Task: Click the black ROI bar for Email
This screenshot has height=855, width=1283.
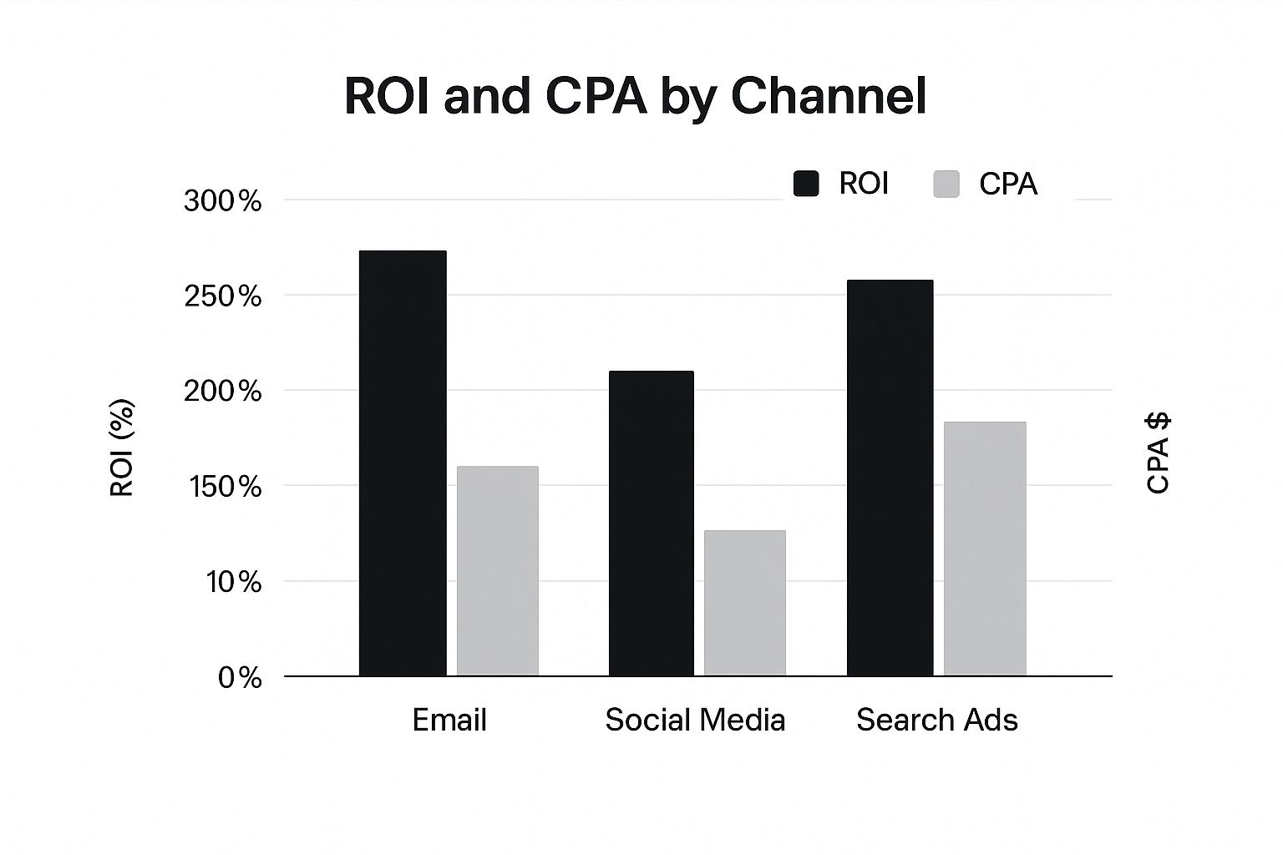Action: [x=403, y=463]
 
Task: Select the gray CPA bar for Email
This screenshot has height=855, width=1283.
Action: [x=498, y=571]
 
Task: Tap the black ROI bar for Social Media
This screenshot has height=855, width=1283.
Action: [x=651, y=524]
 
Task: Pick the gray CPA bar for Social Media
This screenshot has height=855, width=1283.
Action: [x=745, y=603]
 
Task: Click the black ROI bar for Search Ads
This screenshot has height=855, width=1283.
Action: [x=890, y=478]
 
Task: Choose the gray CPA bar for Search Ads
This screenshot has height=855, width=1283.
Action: [x=985, y=549]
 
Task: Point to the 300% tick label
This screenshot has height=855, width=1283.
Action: [x=222, y=201]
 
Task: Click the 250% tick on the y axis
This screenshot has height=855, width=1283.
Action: [x=222, y=296]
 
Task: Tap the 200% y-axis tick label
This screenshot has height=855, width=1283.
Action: [x=222, y=392]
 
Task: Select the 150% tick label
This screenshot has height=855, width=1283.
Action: [x=222, y=487]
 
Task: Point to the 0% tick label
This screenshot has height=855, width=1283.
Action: [x=240, y=678]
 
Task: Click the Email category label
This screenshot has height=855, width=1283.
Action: [x=449, y=720]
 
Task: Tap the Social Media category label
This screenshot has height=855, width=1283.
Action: [x=695, y=720]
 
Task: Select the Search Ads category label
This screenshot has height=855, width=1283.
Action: [x=937, y=720]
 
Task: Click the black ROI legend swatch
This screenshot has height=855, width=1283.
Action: [x=806, y=184]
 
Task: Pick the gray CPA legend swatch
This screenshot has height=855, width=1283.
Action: [x=946, y=184]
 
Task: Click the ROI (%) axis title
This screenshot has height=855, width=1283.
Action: [x=122, y=448]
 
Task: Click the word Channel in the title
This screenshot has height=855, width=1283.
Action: [x=828, y=96]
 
